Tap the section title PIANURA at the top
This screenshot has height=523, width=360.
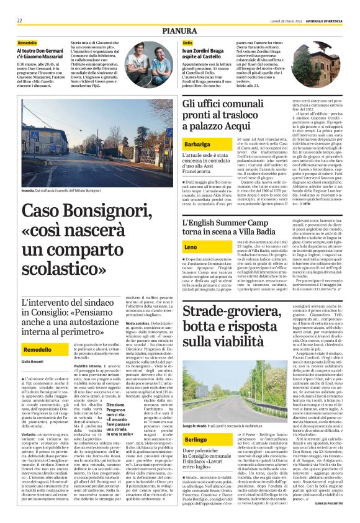pos(179,29)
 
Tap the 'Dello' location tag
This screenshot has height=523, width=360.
pos(187,42)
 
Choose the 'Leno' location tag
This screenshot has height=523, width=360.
pos(174,248)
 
